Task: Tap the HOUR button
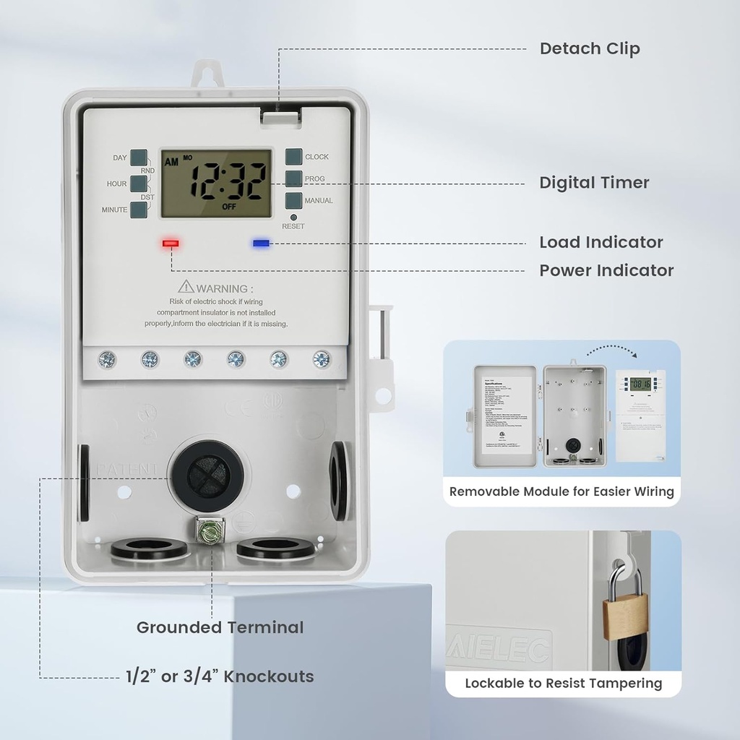tap(138, 184)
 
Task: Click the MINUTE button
tap(139, 210)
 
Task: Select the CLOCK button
tap(293, 157)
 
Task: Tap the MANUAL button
tap(293, 200)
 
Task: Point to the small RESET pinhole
tap(293, 217)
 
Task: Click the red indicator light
tap(171, 244)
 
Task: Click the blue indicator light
tap(261, 244)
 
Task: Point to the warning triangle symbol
tap(186, 287)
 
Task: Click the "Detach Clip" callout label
tap(590, 48)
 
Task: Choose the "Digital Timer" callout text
tap(594, 183)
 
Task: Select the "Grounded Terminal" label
tap(220, 627)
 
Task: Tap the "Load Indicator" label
tap(601, 242)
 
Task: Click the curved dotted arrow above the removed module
tap(612, 350)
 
